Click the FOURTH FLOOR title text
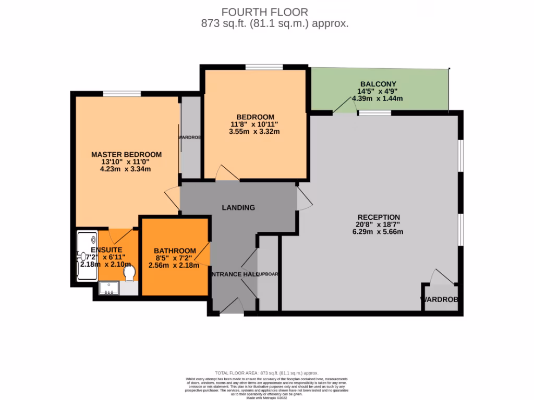click(x=265, y=11)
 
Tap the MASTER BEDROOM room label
click(x=126, y=155)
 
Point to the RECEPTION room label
click(x=379, y=217)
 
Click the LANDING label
click(x=238, y=207)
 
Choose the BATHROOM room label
click(x=175, y=251)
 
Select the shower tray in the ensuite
click(x=86, y=255)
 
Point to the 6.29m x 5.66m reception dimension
click(x=378, y=232)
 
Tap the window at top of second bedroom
click(x=264, y=67)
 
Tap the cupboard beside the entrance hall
click(x=269, y=274)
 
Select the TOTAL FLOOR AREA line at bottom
click(x=266, y=373)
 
